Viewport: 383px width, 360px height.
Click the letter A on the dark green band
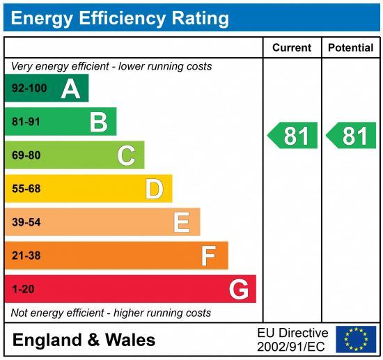(x=70, y=88)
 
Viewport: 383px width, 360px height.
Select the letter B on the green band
(x=98, y=122)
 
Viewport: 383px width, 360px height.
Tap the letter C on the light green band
(x=126, y=155)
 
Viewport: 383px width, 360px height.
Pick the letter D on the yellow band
(x=154, y=189)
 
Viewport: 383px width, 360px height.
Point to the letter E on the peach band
(x=181, y=222)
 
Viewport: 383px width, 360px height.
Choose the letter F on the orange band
(x=208, y=256)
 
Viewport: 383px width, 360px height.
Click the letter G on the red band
(x=239, y=289)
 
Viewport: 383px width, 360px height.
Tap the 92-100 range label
(x=29, y=88)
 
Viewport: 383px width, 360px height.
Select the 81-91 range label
(x=26, y=122)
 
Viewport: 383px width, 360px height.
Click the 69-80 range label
(x=26, y=155)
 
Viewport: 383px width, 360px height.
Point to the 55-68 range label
(x=26, y=189)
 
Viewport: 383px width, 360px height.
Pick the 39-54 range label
(x=26, y=222)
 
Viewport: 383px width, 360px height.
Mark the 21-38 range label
(x=26, y=256)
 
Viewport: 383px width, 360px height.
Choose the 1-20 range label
(x=23, y=289)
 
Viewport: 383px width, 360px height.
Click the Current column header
(x=292, y=48)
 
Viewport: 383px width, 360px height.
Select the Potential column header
(x=351, y=48)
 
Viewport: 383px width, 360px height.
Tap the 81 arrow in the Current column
(x=293, y=136)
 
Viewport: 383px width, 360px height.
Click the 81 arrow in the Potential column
(x=352, y=136)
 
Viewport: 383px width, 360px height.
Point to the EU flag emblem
(x=356, y=339)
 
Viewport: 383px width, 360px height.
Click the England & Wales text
(x=84, y=341)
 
